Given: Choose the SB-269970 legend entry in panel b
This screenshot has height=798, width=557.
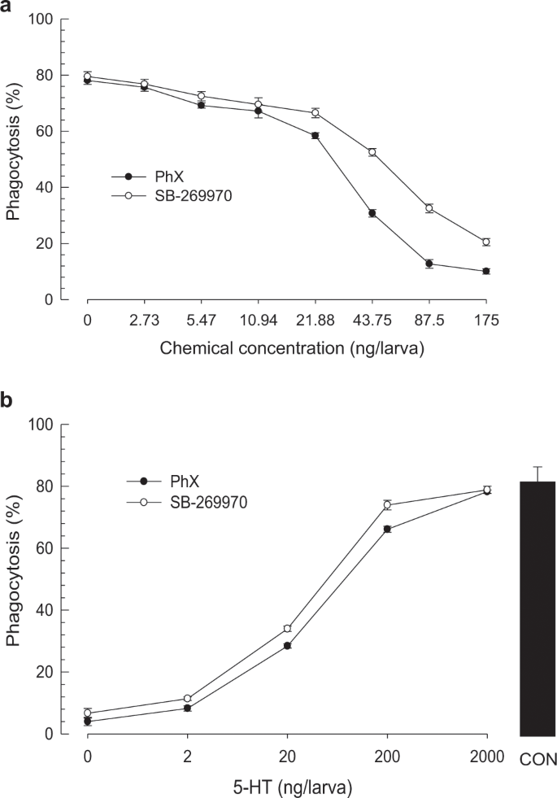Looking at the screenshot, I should coord(187,503).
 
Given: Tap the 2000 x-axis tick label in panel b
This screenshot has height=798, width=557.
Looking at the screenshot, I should coord(487,754).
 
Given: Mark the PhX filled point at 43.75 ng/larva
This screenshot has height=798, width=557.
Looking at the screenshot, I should coord(372,213).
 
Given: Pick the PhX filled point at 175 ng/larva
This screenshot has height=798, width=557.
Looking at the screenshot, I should coord(485,271).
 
